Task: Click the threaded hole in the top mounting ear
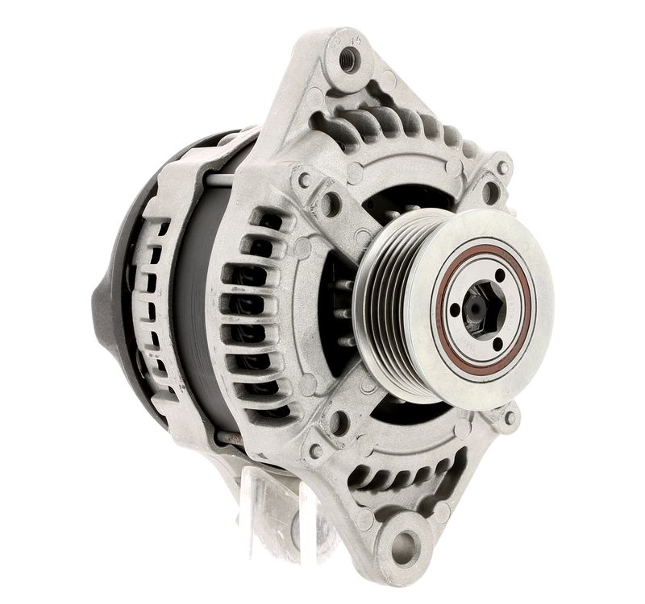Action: point(349,59)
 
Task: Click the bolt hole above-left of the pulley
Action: point(330,205)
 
